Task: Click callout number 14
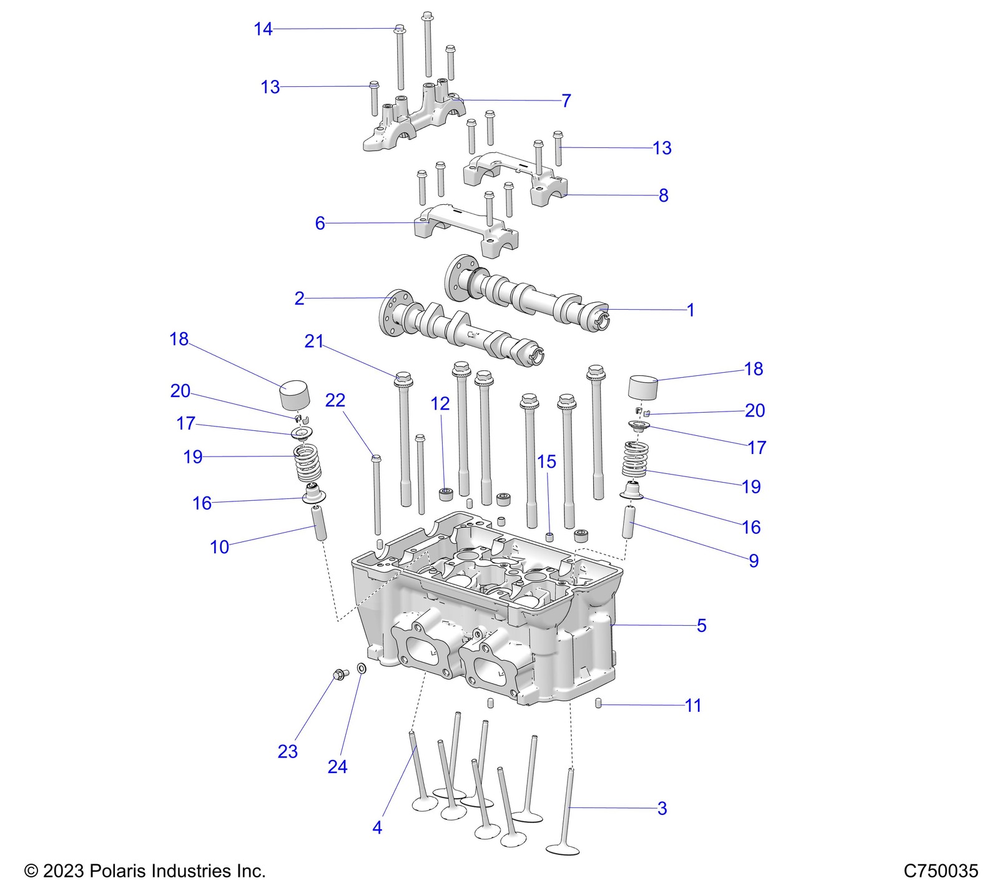[263, 29]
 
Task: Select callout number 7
[566, 101]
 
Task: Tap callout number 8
[663, 195]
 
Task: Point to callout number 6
[320, 223]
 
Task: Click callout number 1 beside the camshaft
[690, 310]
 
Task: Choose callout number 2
[299, 298]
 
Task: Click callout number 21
[314, 341]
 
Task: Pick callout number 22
[335, 400]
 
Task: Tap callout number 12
[440, 403]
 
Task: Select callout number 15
[546, 461]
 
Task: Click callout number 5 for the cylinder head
[701, 625]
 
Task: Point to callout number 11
[693, 706]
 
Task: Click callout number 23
[287, 751]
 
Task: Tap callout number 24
[337, 766]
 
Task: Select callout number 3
[662, 808]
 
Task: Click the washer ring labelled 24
[362, 669]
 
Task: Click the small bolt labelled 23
[340, 674]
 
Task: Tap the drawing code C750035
[941, 870]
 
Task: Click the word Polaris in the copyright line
[116, 870]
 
